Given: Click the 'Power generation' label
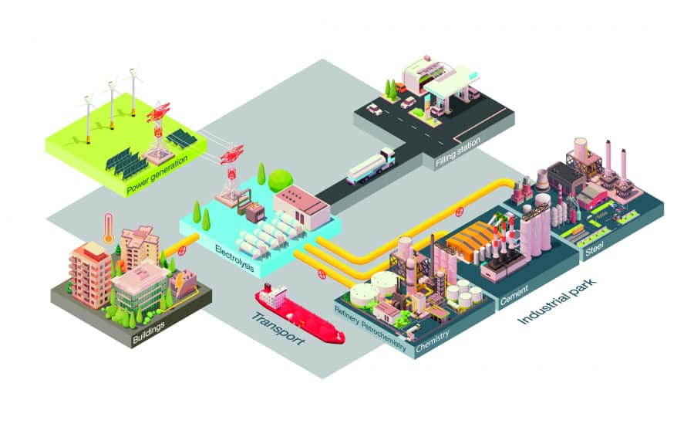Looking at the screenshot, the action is point(157,175).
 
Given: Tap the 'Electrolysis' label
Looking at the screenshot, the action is point(234,258).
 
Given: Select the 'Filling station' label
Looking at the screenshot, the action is point(457,152).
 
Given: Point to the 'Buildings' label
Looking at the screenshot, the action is point(149,333).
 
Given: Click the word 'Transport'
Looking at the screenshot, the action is point(278,329).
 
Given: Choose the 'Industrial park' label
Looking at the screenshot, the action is point(558,301).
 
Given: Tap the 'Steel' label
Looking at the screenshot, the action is point(594,249).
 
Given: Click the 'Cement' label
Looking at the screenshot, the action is point(514,296).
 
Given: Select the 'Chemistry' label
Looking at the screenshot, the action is point(433,341).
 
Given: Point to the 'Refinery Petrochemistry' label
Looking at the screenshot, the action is point(370,328).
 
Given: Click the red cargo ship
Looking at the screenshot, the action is point(300,314).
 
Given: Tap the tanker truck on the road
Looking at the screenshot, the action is point(371,166).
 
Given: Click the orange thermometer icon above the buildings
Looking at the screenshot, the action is point(109,229).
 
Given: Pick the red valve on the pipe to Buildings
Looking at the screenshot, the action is point(181,250).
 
